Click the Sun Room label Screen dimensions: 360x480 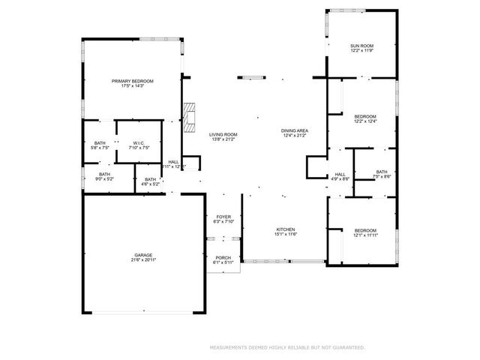pyautogui.click(x=361, y=46)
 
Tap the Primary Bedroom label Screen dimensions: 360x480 pyautogui.click(x=133, y=81)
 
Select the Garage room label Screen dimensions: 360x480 pyautogui.click(x=143, y=256)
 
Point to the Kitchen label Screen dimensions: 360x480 pyautogui.click(x=285, y=229)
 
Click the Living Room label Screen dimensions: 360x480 pyautogui.click(x=223, y=134)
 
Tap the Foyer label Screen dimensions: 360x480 pyautogui.click(x=224, y=217)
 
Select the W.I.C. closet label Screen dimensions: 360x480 pyautogui.click(x=139, y=143)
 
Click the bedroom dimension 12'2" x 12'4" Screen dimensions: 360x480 pyautogui.click(x=365, y=121)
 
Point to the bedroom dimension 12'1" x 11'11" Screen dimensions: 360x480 pyautogui.click(x=365, y=235)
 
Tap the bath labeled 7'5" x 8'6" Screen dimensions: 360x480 pyautogui.click(x=382, y=176)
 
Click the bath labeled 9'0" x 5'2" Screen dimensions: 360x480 pyautogui.click(x=104, y=179)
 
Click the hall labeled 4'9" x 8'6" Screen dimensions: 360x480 pyautogui.click(x=340, y=179)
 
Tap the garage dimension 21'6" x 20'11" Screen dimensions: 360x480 pyautogui.click(x=143, y=260)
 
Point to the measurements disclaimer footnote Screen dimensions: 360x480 pyautogui.click(x=286, y=347)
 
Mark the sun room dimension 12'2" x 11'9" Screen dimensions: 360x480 pyautogui.click(x=361, y=51)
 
